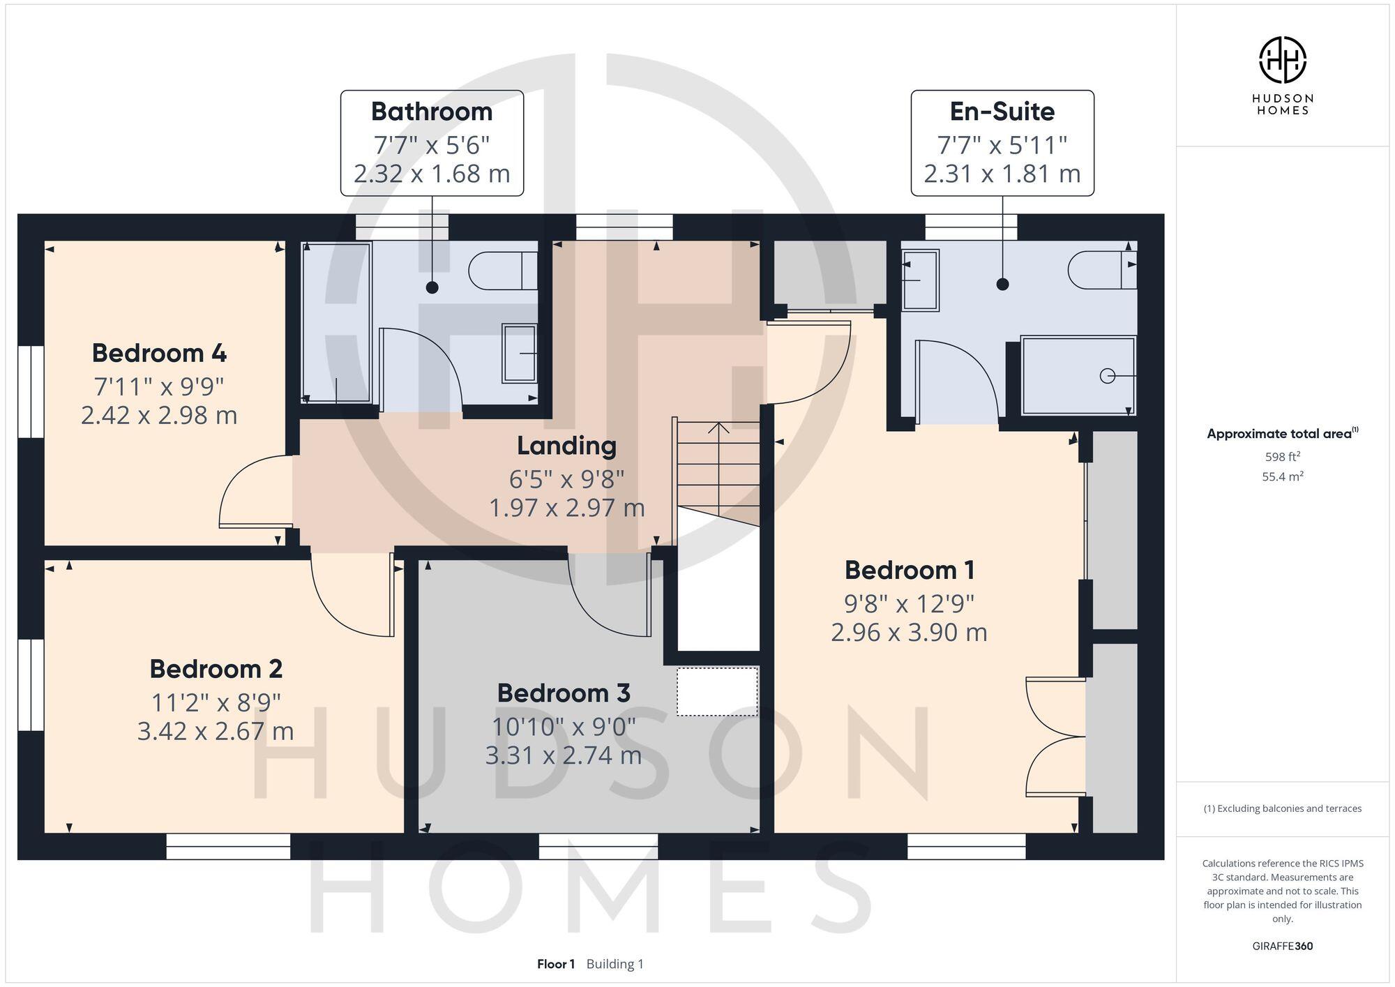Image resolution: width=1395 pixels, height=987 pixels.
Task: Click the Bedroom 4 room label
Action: pyautogui.click(x=159, y=353)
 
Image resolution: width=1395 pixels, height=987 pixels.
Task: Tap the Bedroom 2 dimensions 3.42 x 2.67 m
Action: pyautogui.click(x=216, y=731)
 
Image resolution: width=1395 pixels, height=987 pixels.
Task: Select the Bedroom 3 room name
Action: pyautogui.click(x=564, y=693)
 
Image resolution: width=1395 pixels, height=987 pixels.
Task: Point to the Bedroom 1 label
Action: pyautogui.click(x=910, y=570)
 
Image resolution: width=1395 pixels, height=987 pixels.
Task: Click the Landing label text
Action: pyautogui.click(x=566, y=446)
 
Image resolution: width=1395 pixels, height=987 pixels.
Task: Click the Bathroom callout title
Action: pyautogui.click(x=432, y=112)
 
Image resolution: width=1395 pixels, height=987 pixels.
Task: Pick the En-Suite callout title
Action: pyautogui.click(x=1002, y=112)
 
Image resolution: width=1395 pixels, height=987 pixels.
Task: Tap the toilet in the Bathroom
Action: pyautogui.click(x=501, y=271)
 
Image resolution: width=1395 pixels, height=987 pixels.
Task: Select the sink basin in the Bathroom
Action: pyautogui.click(x=520, y=353)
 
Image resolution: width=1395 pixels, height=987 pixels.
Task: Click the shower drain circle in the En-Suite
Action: pyautogui.click(x=1107, y=376)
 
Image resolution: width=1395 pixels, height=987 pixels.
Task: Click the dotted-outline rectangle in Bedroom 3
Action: pyautogui.click(x=717, y=691)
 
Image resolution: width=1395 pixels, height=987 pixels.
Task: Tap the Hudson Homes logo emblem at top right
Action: pyautogui.click(x=1282, y=60)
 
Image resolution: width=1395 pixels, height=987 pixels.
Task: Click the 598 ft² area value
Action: pyautogui.click(x=1282, y=457)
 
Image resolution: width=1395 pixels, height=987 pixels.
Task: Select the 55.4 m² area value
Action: pyautogui.click(x=1282, y=477)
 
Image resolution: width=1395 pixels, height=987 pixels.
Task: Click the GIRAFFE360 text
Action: pyautogui.click(x=1282, y=946)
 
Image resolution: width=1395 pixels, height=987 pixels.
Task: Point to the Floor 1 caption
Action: pyautogui.click(x=556, y=964)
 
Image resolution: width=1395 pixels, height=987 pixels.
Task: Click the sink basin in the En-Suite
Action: pyautogui.click(x=920, y=280)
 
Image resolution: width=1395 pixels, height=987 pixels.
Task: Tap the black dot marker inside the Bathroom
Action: pyautogui.click(x=432, y=287)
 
